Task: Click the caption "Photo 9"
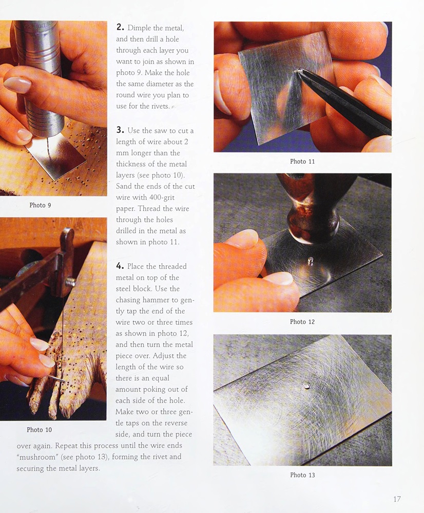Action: [x=40, y=205]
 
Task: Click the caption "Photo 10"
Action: [x=40, y=429]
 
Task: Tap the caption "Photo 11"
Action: [x=302, y=161]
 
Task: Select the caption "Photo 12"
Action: [x=302, y=322]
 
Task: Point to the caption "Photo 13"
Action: [x=302, y=475]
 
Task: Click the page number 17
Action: [x=397, y=499]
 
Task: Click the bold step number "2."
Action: [x=120, y=27]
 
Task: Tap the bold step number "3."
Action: [x=120, y=130]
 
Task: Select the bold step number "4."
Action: [x=120, y=266]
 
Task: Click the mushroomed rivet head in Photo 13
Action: [x=306, y=386]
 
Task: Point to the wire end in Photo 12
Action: [x=311, y=261]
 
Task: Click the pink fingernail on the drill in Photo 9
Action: [x=18, y=85]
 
